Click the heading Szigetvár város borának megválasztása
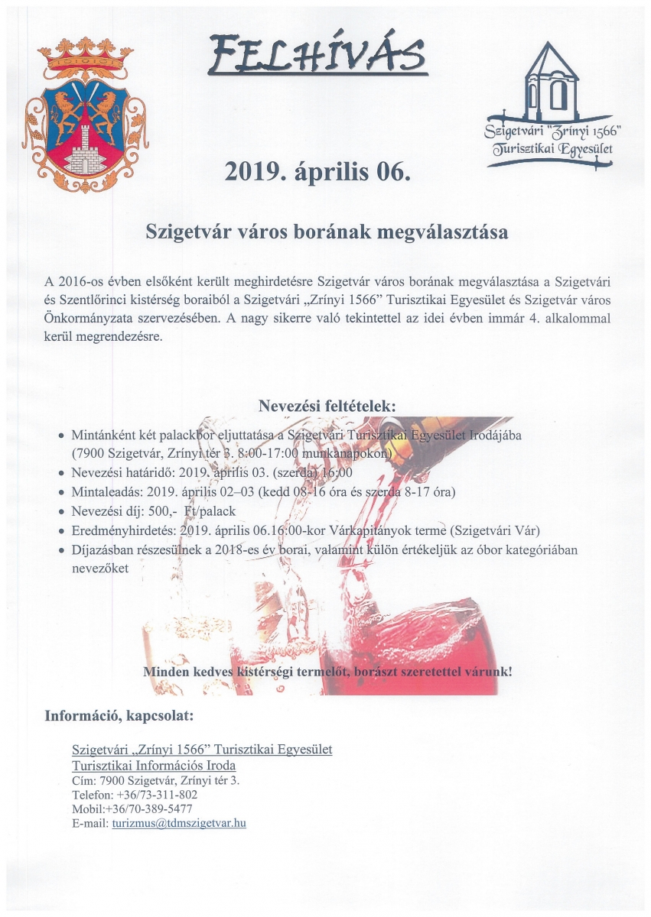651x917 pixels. click(327, 232)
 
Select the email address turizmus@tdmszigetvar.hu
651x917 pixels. click(179, 824)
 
